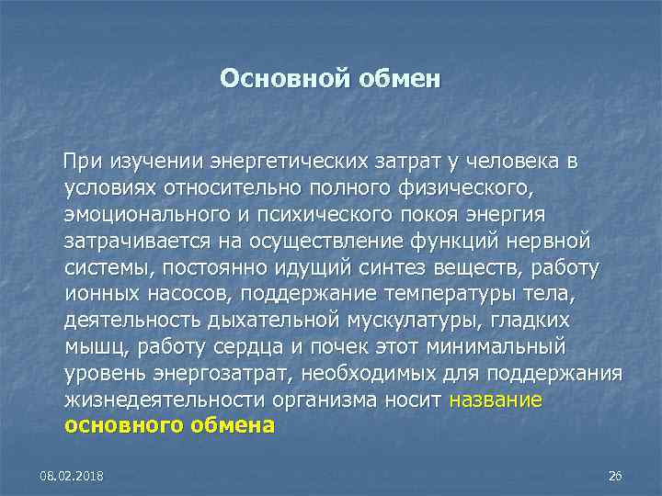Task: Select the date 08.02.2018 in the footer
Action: (71, 475)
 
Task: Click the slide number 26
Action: (615, 475)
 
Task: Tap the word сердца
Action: (280, 348)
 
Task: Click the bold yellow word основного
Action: (128, 427)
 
